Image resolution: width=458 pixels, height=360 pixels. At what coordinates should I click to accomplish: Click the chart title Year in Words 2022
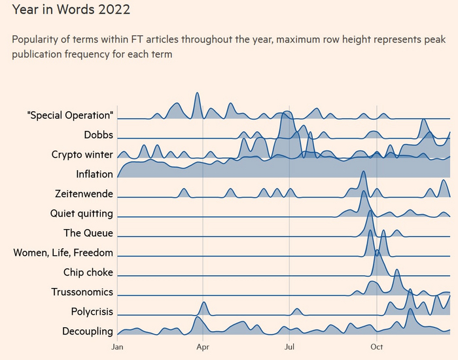[x=71, y=10]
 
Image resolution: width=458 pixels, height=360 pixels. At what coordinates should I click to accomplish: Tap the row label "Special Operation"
[x=70, y=115]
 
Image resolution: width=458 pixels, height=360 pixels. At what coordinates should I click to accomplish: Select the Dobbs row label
[x=98, y=135]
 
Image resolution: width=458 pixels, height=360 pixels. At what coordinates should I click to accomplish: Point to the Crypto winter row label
[x=82, y=154]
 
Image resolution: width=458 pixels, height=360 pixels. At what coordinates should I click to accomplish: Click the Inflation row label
[x=94, y=174]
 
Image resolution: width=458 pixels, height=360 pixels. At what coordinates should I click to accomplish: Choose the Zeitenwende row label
[x=84, y=194]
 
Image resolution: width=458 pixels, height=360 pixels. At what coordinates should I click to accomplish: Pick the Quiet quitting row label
[x=81, y=213]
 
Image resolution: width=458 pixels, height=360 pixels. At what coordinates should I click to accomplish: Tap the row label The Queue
[x=88, y=233]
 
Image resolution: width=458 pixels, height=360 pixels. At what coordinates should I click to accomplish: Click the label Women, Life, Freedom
[x=63, y=253]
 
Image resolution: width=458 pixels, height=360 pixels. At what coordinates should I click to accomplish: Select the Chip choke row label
[x=88, y=272]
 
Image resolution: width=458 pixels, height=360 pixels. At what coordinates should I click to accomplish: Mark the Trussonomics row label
[x=82, y=292]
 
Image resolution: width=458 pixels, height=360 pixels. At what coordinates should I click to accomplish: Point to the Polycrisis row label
[x=92, y=312]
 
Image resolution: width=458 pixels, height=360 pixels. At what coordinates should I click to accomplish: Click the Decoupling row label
[x=88, y=331]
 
